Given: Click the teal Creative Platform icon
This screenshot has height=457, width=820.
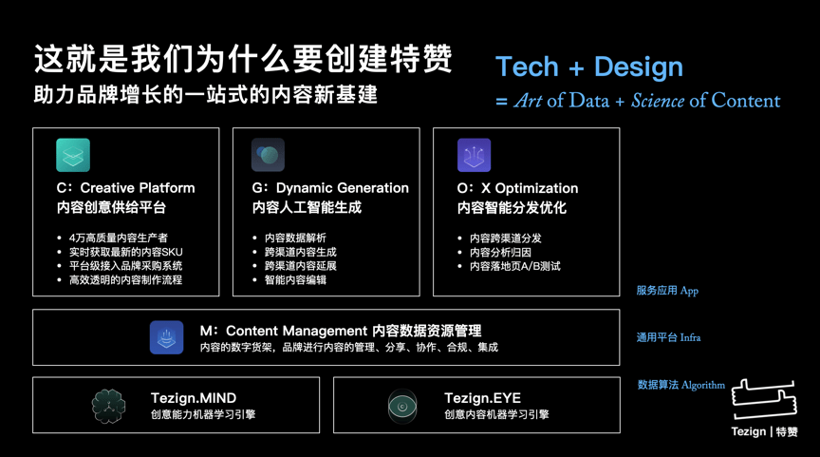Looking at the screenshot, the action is tap(73, 155).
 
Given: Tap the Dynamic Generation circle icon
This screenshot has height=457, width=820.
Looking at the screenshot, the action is tap(268, 155).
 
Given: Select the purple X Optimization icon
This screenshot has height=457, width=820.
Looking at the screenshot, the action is tap(474, 155).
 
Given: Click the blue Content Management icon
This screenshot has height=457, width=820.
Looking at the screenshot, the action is tap(166, 337).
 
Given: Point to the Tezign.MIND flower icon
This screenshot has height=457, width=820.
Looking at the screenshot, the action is tap(108, 406).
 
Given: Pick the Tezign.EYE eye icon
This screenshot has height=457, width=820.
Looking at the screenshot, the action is tap(402, 406).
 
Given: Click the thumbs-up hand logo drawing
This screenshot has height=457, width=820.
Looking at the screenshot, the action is tap(764, 399).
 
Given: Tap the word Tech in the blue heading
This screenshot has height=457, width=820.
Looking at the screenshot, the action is tap(527, 67).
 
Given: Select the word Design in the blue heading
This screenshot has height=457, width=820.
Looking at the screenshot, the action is tap(639, 67).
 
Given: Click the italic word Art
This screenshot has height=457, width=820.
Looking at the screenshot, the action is tap(528, 100).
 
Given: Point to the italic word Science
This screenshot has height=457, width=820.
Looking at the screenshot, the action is tap(658, 100).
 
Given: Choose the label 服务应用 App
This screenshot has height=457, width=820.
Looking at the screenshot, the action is tap(667, 291).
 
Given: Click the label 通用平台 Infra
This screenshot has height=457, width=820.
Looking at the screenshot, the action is tap(668, 337).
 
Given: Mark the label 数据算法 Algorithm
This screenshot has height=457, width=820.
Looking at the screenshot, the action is tap(680, 386).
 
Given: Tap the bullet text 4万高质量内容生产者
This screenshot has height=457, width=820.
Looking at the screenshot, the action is tap(119, 238).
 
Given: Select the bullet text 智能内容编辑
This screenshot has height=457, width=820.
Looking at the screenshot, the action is tap(295, 280).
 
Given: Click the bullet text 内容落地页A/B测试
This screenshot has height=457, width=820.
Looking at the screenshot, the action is tap(515, 266).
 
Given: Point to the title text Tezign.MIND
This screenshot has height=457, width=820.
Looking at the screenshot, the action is tap(194, 398).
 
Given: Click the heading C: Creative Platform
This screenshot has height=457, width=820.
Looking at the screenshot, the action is tap(125, 188).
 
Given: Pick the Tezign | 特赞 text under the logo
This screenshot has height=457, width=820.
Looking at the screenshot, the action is tap(765, 431).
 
